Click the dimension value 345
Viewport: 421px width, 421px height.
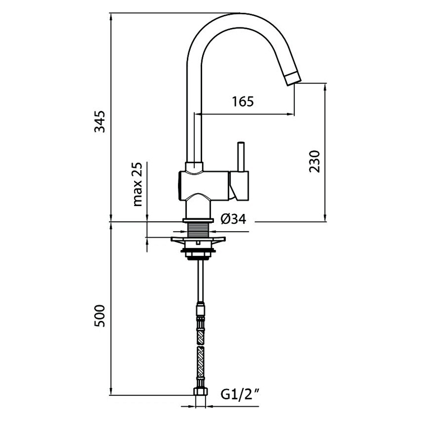(x=100, y=122)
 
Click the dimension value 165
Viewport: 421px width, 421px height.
(x=243, y=101)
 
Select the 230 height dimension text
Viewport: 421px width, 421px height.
(x=315, y=162)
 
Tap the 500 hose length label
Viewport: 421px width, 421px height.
(x=100, y=317)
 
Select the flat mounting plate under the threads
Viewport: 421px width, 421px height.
(x=199, y=242)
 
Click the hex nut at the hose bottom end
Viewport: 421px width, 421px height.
(x=200, y=392)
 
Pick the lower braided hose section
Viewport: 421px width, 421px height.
(x=200, y=360)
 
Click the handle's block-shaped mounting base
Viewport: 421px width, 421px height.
(x=240, y=186)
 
